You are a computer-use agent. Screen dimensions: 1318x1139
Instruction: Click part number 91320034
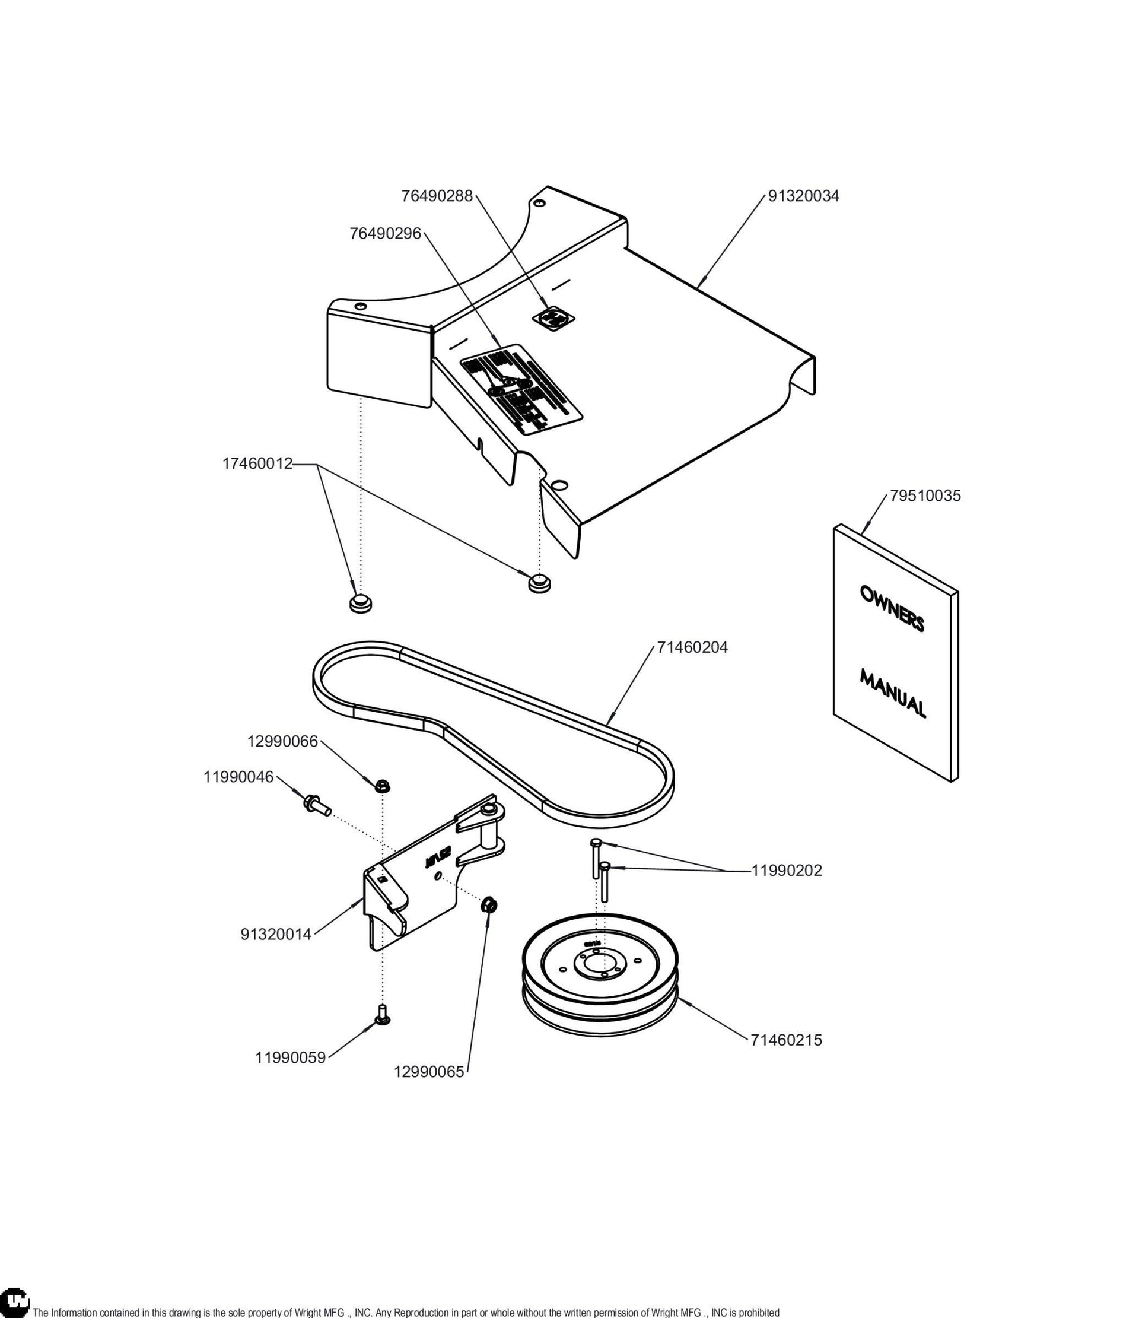click(x=803, y=196)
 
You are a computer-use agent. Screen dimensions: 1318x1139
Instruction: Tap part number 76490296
click(x=386, y=234)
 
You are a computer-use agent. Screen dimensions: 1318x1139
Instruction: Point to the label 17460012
click(x=257, y=463)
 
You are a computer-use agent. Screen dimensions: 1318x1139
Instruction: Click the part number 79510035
click(x=925, y=496)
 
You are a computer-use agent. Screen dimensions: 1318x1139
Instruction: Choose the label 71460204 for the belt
click(x=692, y=647)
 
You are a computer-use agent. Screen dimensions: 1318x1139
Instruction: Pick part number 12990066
click(x=282, y=741)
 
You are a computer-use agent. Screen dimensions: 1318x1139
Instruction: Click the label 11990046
click(x=238, y=777)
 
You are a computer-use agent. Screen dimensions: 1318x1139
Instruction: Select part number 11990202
click(x=787, y=871)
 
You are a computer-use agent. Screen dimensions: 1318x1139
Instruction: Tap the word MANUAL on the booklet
click(x=893, y=693)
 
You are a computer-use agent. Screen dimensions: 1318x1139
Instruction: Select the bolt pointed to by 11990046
click(x=317, y=805)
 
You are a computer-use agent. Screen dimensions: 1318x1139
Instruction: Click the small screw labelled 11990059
click(x=383, y=1015)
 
